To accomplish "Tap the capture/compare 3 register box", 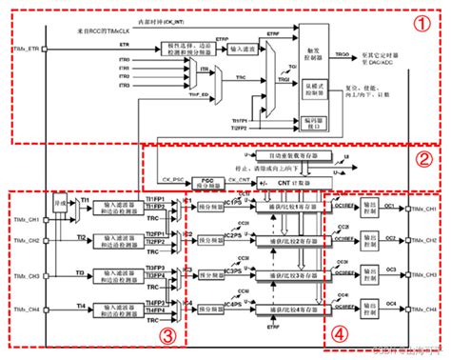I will (291, 274).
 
